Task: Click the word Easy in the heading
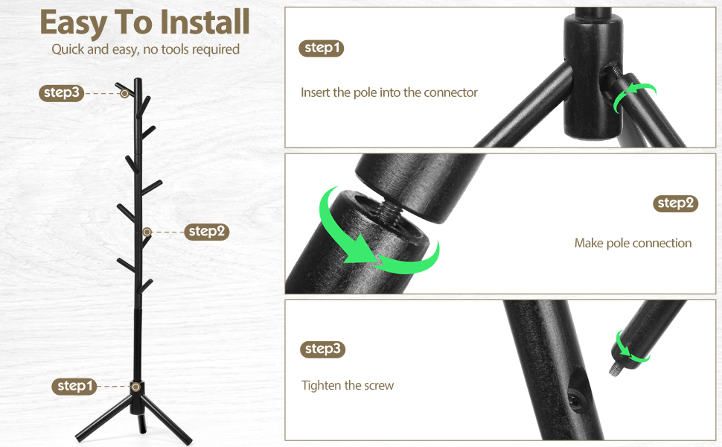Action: pyautogui.click(x=73, y=24)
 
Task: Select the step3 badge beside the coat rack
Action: pyautogui.click(x=61, y=92)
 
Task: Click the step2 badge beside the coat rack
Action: pyautogui.click(x=207, y=232)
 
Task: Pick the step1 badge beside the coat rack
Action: pyautogui.click(x=74, y=386)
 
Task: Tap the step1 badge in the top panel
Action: pyautogui.click(x=322, y=48)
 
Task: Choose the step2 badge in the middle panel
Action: pyautogui.click(x=676, y=203)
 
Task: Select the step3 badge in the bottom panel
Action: pyautogui.click(x=322, y=349)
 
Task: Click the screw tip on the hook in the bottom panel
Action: pyautogui.click(x=614, y=369)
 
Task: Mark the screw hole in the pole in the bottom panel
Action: pyautogui.click(x=575, y=397)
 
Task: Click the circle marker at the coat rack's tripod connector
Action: pyautogui.click(x=135, y=387)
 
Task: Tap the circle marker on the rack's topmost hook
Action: pyautogui.click(x=124, y=93)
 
